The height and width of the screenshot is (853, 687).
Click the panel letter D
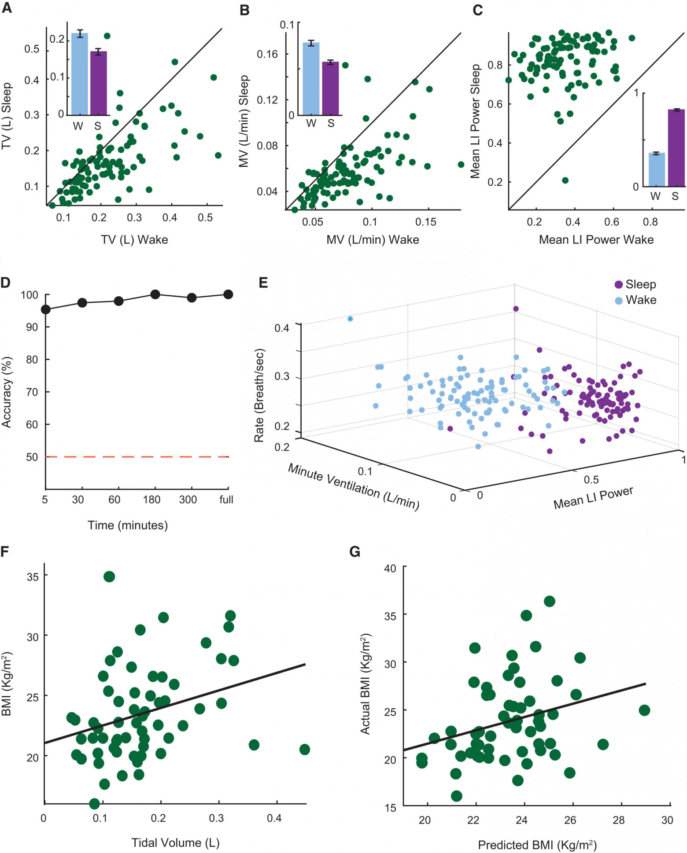(x=6, y=282)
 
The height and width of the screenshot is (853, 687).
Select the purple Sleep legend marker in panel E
(x=618, y=285)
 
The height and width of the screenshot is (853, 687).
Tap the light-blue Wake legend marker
(x=618, y=301)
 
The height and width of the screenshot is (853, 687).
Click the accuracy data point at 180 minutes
(x=155, y=294)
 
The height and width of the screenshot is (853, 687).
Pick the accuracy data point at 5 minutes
(x=46, y=310)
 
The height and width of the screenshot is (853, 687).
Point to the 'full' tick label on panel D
(x=226, y=500)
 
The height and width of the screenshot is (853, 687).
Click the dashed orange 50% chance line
(x=137, y=457)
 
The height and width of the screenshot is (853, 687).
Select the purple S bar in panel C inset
(x=676, y=147)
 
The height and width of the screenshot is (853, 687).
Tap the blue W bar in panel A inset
(x=80, y=74)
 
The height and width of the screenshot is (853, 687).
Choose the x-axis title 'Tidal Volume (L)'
(x=175, y=843)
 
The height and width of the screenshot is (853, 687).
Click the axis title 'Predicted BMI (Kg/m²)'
(x=537, y=845)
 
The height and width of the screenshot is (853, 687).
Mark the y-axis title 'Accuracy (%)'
(x=7, y=392)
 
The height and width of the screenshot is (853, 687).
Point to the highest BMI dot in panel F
(x=109, y=577)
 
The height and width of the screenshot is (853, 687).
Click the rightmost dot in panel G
(x=644, y=710)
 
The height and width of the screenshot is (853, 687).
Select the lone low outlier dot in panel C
(x=565, y=180)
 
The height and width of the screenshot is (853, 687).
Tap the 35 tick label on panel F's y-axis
(x=33, y=577)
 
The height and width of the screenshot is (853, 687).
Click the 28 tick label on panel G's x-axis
(x=619, y=820)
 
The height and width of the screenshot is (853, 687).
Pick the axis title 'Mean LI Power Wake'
(x=596, y=240)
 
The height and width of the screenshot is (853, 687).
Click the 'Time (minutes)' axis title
(x=128, y=525)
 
